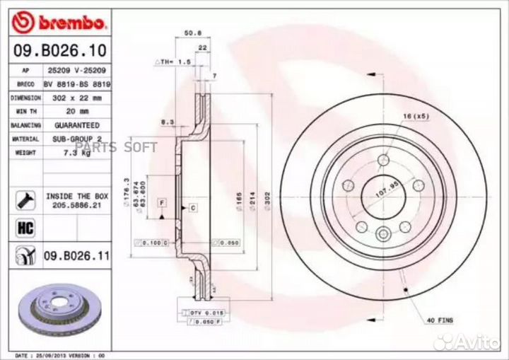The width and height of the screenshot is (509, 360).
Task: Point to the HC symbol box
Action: pos(22,228)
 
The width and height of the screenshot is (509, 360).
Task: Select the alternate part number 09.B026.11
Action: pos(76,255)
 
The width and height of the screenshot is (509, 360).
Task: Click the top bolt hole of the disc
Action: pos(383,158)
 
